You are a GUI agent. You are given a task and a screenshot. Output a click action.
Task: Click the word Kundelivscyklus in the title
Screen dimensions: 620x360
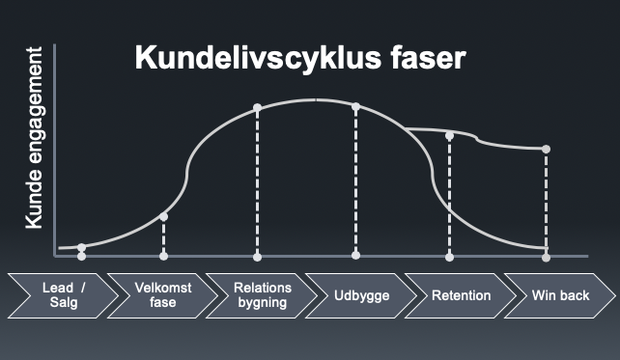point(258,58)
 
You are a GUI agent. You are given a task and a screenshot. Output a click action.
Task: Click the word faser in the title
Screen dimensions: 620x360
point(428,58)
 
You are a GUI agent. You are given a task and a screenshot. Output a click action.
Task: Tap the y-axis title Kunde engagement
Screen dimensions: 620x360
point(34,137)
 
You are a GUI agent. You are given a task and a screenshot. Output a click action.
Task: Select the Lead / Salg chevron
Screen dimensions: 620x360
point(64,295)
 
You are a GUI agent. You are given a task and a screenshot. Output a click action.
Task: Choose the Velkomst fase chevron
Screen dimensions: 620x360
point(162,295)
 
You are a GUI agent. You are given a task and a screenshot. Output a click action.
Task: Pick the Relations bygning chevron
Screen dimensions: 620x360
point(262,295)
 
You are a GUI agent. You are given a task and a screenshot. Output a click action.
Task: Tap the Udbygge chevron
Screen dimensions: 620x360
point(361,295)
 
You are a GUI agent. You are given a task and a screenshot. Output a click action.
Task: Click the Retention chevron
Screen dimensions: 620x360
point(461,295)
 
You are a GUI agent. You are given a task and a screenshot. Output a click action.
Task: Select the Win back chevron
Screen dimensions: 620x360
point(560,295)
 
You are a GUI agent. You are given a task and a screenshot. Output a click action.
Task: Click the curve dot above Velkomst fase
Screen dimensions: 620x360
point(164,216)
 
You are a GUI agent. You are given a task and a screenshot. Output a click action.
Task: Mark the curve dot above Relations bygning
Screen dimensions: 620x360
point(258,107)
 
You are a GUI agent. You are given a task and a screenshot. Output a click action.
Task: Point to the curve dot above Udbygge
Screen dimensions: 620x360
point(355,107)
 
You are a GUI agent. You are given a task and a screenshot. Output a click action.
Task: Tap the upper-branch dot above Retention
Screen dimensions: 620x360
point(450,136)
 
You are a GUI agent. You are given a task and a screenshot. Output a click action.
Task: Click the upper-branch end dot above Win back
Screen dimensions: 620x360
point(546,149)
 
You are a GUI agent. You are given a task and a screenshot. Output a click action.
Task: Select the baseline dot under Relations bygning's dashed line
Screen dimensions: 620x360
point(258,258)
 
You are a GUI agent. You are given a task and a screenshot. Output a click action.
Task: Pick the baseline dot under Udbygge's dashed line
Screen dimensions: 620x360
point(355,255)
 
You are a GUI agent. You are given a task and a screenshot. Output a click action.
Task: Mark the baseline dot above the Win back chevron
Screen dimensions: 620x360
point(546,258)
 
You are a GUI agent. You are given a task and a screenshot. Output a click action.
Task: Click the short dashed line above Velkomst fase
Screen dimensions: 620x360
point(164,236)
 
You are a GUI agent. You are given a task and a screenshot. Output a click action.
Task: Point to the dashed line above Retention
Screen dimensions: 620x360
point(450,196)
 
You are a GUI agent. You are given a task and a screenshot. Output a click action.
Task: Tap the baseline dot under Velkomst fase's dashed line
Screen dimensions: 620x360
point(164,256)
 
